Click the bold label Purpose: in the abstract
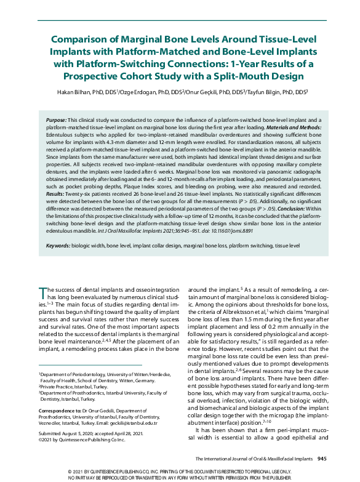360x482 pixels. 57,118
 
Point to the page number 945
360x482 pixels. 322,459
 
